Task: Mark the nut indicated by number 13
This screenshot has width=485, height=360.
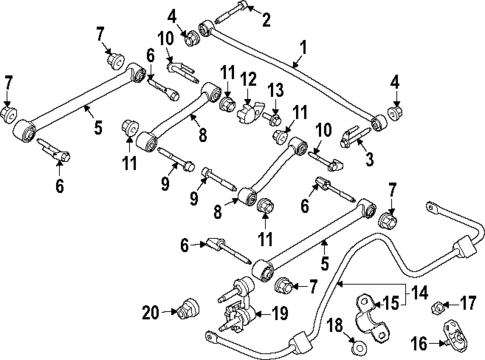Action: pyautogui.click(x=274, y=120)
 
